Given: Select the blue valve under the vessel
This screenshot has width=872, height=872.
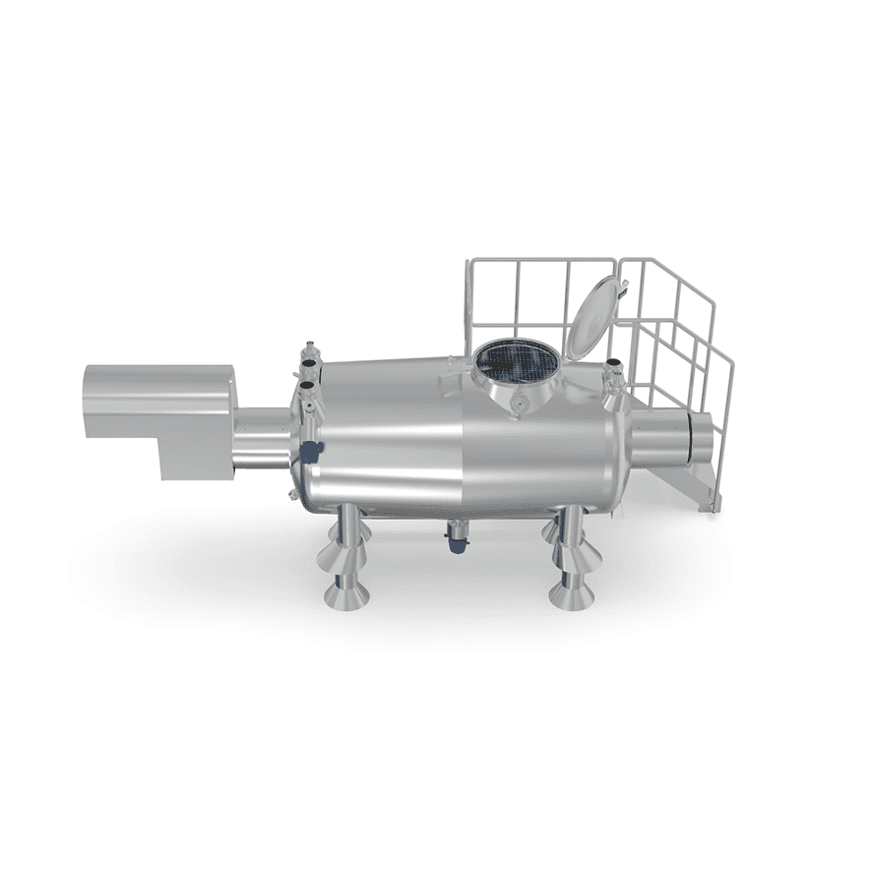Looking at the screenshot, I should tap(457, 539).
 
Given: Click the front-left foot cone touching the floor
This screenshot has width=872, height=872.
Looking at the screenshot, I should tap(345, 593).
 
